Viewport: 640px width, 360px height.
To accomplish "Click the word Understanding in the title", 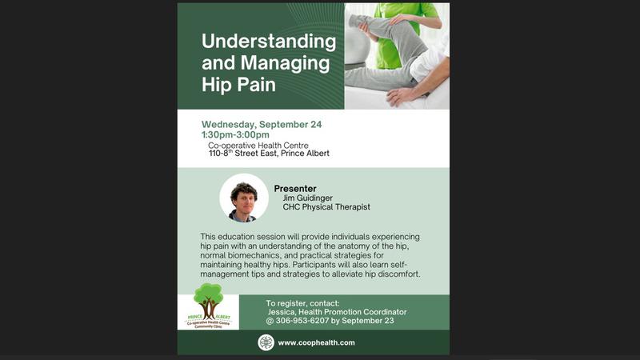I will [x=269, y=42].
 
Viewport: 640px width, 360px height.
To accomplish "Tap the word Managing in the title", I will [x=282, y=62].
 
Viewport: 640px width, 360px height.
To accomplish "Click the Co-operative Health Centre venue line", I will [x=258, y=146].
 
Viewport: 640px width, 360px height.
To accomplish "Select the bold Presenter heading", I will [x=295, y=189].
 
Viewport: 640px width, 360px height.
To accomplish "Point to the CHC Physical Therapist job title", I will [x=326, y=207].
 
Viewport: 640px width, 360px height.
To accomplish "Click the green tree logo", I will [x=207, y=302].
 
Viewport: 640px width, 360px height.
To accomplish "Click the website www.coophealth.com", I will [x=316, y=342].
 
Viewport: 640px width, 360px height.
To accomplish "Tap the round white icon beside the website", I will [x=266, y=342].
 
